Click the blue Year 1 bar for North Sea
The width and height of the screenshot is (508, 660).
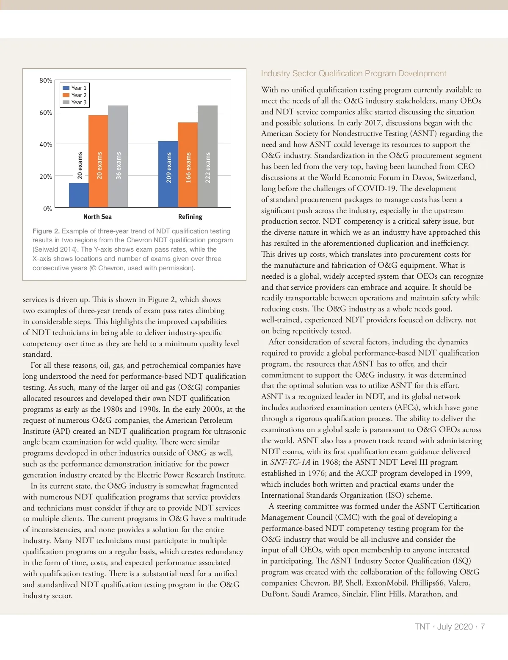[79, 195]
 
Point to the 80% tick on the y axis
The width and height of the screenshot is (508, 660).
[46, 80]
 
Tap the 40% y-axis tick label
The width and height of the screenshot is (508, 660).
[46, 144]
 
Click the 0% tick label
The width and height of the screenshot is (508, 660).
[47, 209]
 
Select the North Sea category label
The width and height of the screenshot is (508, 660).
[97, 217]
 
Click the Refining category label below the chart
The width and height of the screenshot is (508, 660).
[190, 217]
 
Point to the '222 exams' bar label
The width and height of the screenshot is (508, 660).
[208, 168]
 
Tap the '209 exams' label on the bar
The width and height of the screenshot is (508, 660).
[169, 168]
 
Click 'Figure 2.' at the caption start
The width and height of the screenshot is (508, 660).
[46, 231]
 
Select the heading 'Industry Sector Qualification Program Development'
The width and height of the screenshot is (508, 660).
[353, 74]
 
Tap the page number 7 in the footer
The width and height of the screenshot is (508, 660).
[483, 627]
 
